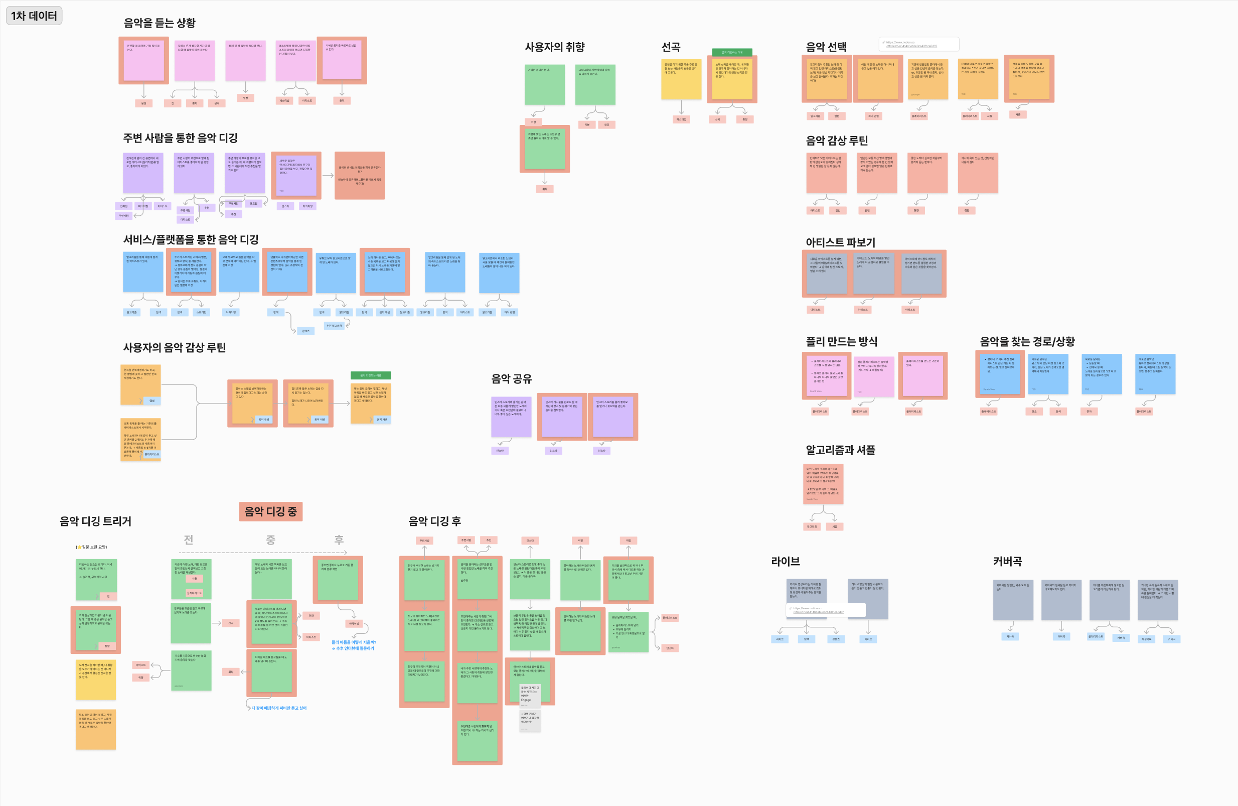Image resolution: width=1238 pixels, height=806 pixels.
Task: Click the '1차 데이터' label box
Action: click(34, 16)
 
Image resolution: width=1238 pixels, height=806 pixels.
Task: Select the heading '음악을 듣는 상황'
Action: click(159, 23)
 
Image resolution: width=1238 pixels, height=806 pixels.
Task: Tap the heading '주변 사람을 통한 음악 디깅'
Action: click(180, 138)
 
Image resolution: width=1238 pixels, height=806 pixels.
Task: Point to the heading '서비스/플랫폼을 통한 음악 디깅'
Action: click(191, 239)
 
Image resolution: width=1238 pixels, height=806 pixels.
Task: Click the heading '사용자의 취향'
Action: click(554, 47)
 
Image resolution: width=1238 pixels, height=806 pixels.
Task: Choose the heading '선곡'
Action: click(671, 47)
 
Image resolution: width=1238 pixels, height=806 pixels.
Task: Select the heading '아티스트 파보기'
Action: click(840, 242)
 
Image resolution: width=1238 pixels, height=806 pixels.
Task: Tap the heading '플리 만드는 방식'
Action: click(841, 341)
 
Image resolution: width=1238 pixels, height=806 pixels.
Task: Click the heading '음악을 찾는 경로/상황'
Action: click(1027, 341)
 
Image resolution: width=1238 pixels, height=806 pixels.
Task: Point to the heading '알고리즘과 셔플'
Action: click(840, 450)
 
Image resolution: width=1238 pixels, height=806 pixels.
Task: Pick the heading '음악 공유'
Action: click(511, 379)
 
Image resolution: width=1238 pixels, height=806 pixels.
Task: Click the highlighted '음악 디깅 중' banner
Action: click(270, 511)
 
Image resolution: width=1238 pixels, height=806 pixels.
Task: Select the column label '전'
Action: click(188, 540)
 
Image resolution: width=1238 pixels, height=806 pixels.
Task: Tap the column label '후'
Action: click(339, 540)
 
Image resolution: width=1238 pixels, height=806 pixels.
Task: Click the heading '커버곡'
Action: click(1007, 562)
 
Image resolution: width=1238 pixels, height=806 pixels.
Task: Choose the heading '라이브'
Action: click(785, 562)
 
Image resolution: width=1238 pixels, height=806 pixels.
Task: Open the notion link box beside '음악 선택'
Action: click(918, 44)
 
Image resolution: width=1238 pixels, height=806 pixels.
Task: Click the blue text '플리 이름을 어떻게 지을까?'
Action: click(354, 642)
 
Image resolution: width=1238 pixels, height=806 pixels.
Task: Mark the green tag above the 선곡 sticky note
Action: click(732, 52)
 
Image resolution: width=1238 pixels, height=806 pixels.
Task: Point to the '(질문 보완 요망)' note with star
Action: click(92, 547)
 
